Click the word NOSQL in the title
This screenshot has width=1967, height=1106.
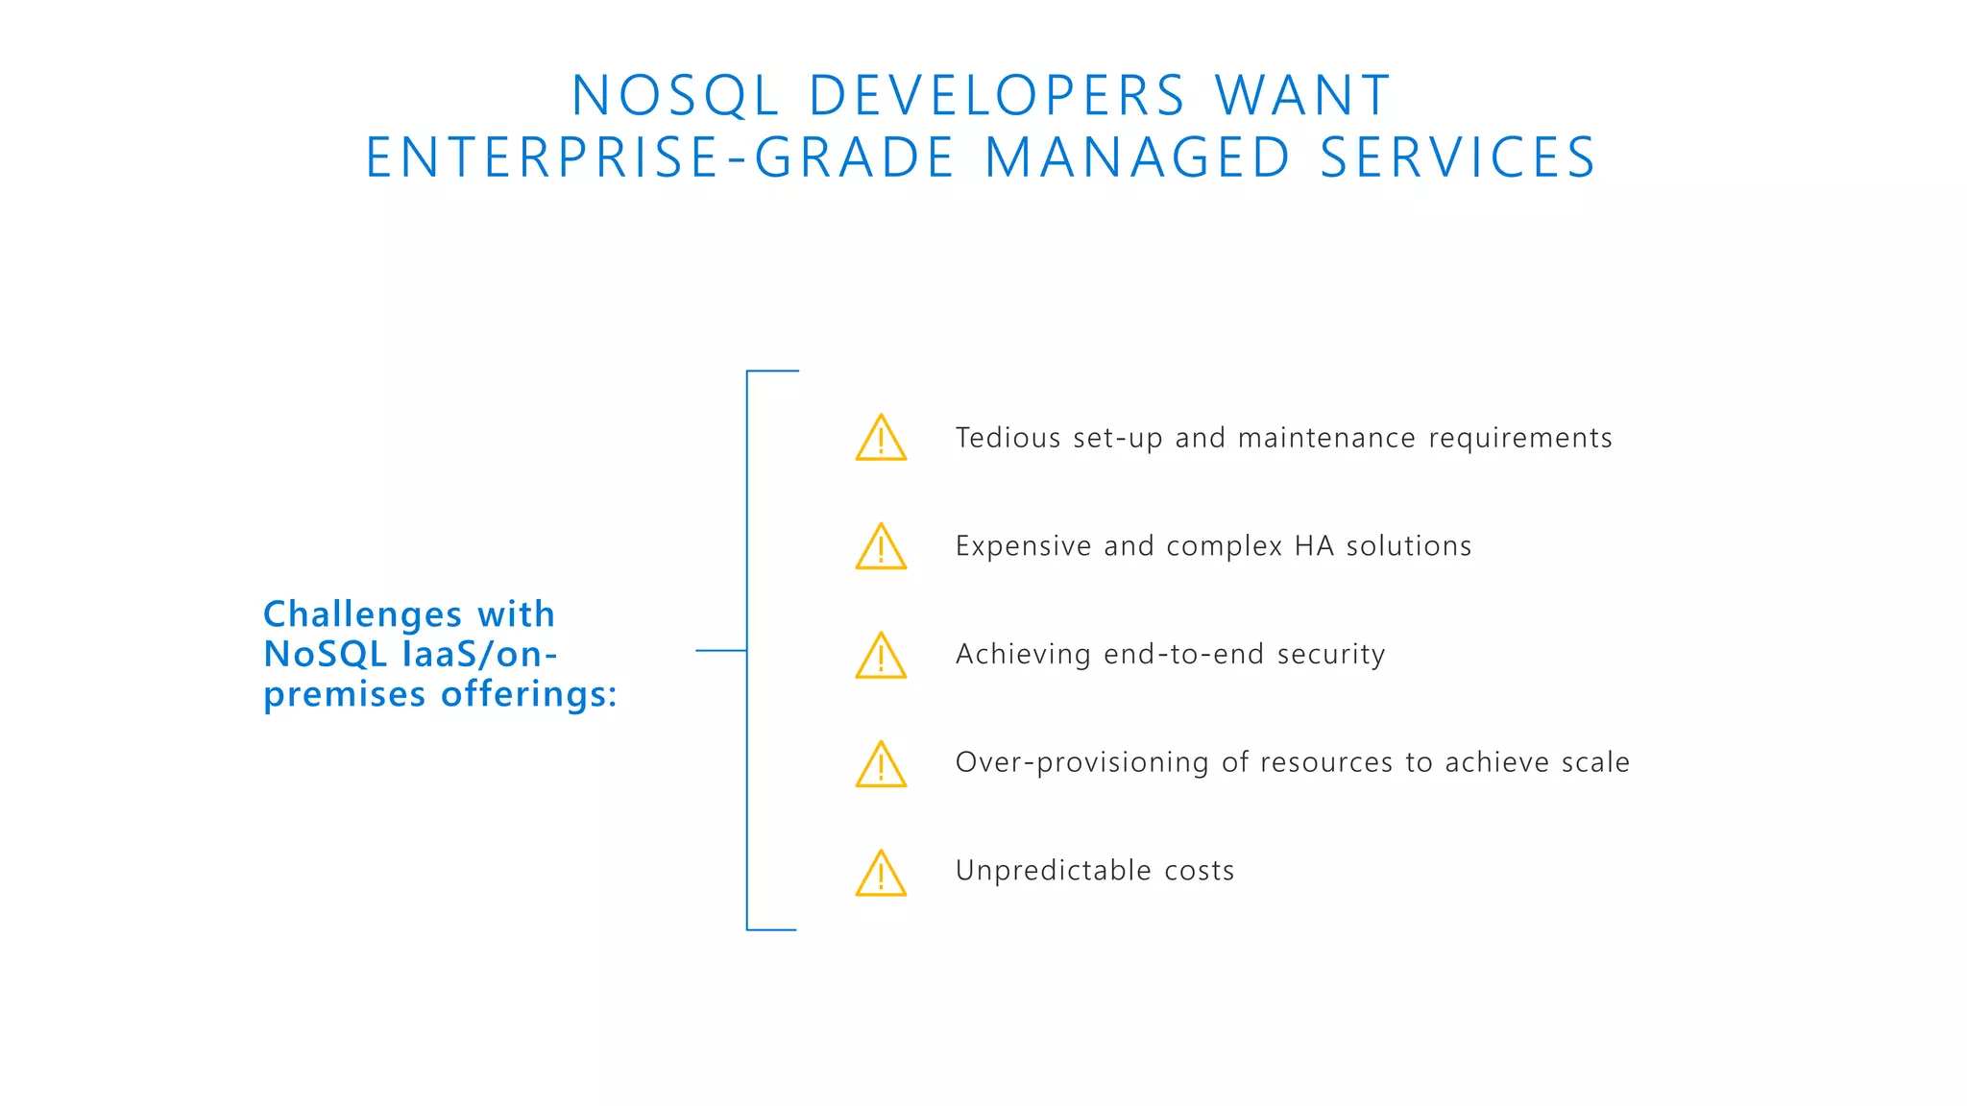(674, 96)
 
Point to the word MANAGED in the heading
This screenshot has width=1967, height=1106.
(1137, 158)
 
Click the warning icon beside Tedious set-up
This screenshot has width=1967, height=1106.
(881, 440)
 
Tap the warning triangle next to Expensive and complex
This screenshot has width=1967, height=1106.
(881, 548)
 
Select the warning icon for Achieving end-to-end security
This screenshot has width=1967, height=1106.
(881, 657)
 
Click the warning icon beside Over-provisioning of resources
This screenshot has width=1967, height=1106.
(881, 765)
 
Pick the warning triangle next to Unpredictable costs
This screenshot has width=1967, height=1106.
(881, 874)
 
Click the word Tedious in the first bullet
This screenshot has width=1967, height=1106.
(1008, 438)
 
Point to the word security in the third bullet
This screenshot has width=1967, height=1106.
(1331, 655)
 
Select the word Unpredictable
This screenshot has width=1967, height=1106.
(1053, 871)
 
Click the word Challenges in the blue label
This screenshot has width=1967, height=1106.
(362, 614)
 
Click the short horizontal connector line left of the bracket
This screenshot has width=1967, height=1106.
(720, 651)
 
